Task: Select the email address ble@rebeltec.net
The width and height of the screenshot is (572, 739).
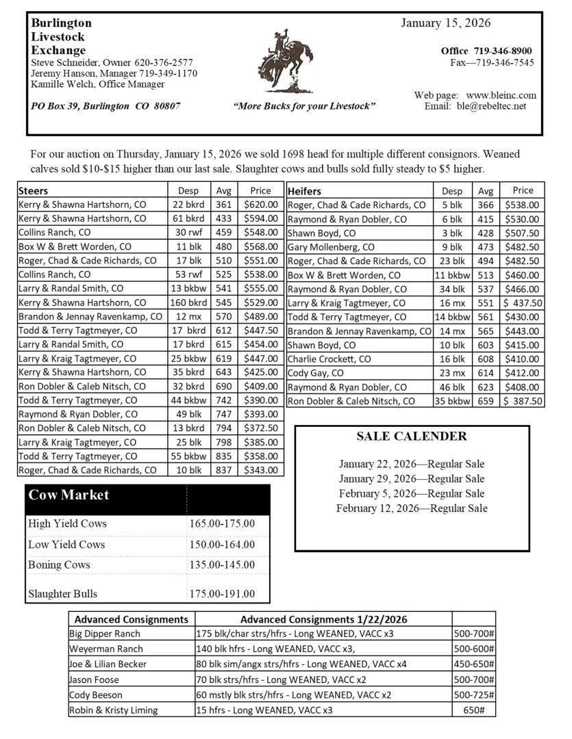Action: [x=491, y=106]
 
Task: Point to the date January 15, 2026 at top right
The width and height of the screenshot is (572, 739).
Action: [x=445, y=23]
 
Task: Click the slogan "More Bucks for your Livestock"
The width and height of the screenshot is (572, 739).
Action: [x=304, y=107]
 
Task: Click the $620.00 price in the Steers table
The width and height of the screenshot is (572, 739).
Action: [x=260, y=204]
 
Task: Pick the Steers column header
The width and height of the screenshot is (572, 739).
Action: [x=34, y=190]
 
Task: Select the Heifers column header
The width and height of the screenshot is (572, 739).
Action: [x=305, y=191]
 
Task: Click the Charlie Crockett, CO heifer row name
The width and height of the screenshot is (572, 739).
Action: [x=329, y=359]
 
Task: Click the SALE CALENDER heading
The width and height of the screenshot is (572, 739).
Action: [x=412, y=437]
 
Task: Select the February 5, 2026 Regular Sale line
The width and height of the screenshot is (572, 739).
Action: [x=412, y=493]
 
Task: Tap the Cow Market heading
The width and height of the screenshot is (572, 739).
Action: [x=69, y=495]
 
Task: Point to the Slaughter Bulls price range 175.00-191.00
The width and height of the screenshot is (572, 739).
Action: [x=221, y=594]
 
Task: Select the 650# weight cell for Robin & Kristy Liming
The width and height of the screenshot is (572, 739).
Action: [x=473, y=710]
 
